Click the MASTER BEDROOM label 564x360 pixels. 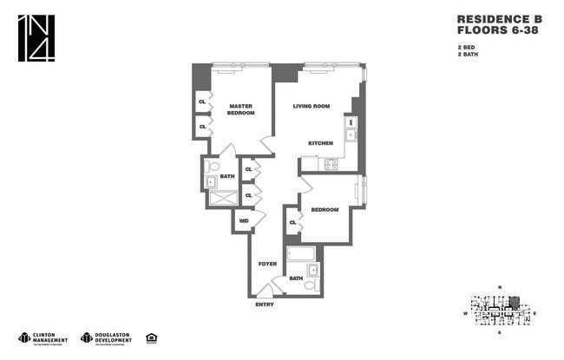point(240,109)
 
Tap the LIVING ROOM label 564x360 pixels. point(311,106)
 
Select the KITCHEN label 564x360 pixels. point(321,142)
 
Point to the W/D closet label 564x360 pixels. point(244,221)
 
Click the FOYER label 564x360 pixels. point(268,263)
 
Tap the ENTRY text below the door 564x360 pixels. point(265,304)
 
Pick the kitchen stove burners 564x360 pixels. point(331,162)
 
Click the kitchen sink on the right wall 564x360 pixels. point(351,134)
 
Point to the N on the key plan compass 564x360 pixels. point(500,287)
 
